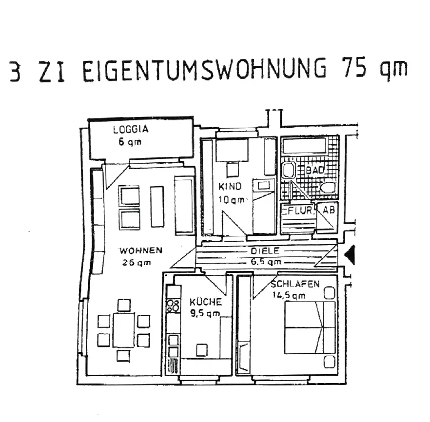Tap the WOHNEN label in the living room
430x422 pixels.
point(141,251)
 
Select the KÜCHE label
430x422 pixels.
point(205,302)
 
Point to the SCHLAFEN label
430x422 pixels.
point(295,284)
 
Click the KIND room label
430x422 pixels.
point(230,187)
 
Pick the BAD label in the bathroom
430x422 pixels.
point(315,170)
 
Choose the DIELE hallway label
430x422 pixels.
point(265,250)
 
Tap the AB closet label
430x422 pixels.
point(329,210)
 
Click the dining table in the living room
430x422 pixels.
point(123,329)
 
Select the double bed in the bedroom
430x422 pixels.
point(310,327)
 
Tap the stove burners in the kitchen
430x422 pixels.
point(173,306)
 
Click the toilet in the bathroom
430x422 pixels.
point(329,188)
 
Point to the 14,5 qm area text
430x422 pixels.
point(288,294)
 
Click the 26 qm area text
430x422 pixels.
point(137,263)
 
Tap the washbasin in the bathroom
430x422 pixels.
point(289,170)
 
